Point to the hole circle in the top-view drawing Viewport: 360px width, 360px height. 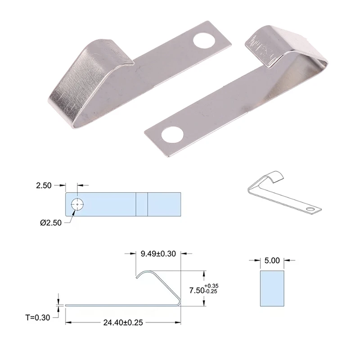[77, 204]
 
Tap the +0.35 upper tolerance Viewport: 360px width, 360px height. [212, 285]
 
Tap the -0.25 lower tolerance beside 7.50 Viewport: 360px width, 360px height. [212, 292]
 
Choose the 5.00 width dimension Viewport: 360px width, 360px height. [272, 260]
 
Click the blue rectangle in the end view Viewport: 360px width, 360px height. [272, 288]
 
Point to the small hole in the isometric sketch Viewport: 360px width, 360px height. [311, 209]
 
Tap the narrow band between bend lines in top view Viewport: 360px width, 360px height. [142, 204]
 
